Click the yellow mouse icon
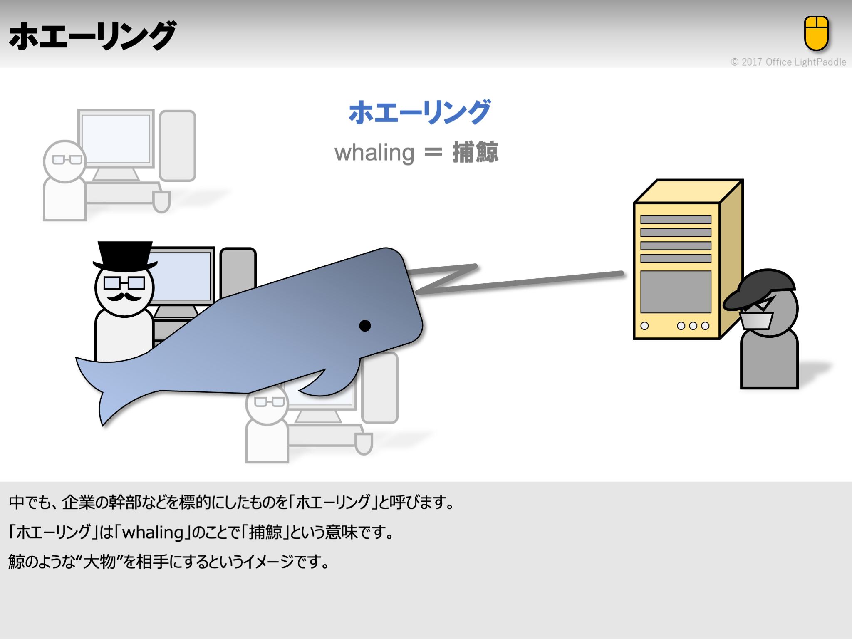816,33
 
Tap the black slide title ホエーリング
92,36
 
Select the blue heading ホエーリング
419,112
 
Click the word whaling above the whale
374,153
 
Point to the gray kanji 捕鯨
475,152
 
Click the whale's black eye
365,326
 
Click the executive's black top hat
124,255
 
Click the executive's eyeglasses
124,283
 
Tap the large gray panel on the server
676,292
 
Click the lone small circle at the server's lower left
644,326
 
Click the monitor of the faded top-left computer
116,139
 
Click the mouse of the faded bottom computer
364,443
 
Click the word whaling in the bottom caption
153,532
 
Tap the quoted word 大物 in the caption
99,562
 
